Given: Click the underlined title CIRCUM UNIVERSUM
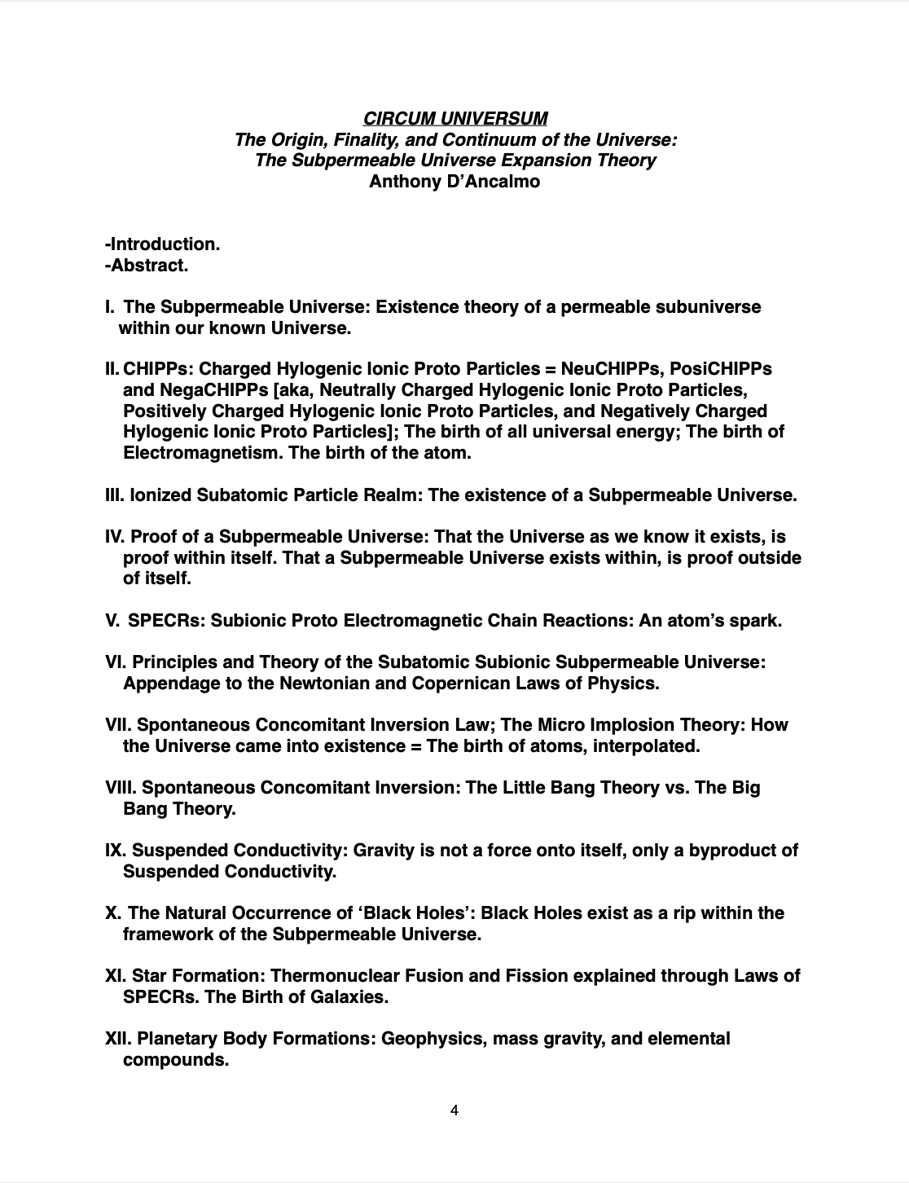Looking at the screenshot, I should (455, 119).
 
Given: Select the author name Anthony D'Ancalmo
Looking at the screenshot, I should (455, 181).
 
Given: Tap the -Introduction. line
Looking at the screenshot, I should (163, 244).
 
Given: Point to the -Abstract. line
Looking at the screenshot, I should (147, 265).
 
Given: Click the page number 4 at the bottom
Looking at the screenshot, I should (455, 1110).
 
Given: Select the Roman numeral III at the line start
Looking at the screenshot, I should (114, 495).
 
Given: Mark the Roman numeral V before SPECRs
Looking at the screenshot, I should (112, 621).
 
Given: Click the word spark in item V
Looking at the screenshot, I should (755, 621).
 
